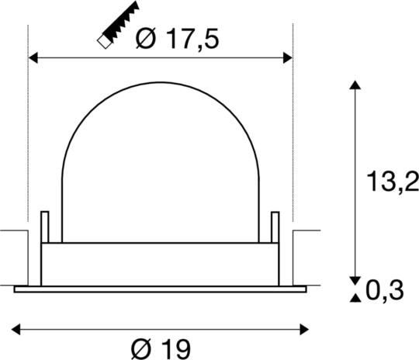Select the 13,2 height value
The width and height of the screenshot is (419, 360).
click(x=391, y=182)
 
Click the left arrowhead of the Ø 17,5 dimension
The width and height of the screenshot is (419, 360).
click(x=33, y=57)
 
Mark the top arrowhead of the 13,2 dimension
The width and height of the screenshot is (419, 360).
click(x=355, y=86)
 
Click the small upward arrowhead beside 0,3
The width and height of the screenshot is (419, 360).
click(x=355, y=296)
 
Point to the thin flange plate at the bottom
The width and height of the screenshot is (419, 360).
click(x=161, y=289)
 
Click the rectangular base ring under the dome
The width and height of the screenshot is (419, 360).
click(x=161, y=262)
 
